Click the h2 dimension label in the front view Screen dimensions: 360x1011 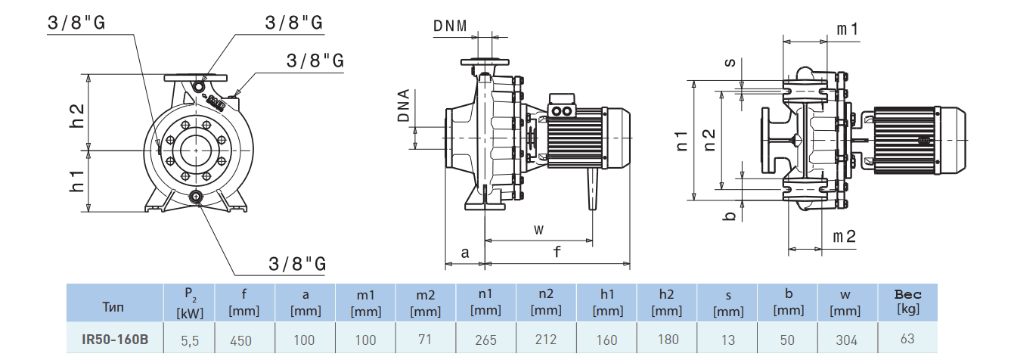tap(76, 114)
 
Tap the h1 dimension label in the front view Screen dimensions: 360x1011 tap(76, 181)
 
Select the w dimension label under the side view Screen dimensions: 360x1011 tap(538, 228)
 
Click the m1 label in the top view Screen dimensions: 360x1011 tap(848, 29)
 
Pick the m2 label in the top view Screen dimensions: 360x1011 tap(844, 237)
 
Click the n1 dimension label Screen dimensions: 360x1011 tap(681, 138)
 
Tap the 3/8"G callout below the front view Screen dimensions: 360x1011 tap(297, 264)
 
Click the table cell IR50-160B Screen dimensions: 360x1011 tap(115, 340)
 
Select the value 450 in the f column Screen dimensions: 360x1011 tap(240, 340)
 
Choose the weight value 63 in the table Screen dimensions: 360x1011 tap(907, 340)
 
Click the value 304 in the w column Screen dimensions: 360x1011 tap(847, 340)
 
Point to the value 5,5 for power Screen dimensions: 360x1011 tap(190, 340)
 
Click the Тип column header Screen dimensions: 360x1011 tap(115, 307)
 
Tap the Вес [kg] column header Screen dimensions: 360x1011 tap(907, 302)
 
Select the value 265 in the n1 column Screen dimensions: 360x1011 tap(485, 340)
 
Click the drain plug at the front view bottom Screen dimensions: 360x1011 tap(197, 198)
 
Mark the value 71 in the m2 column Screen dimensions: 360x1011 tap(426, 340)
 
